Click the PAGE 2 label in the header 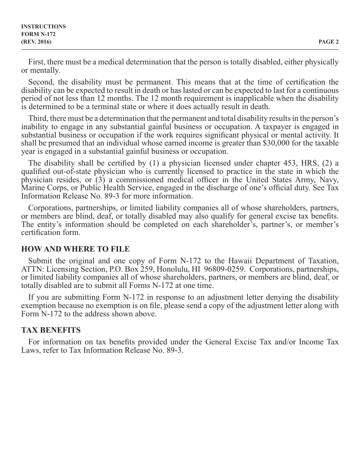[x=329, y=42]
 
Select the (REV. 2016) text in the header [x=36, y=42]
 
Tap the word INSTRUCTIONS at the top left [x=43, y=27]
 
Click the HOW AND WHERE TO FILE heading [x=75, y=249]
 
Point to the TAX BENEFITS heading [x=51, y=330]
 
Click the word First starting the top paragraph [x=36, y=62]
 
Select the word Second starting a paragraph [x=40, y=82]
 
